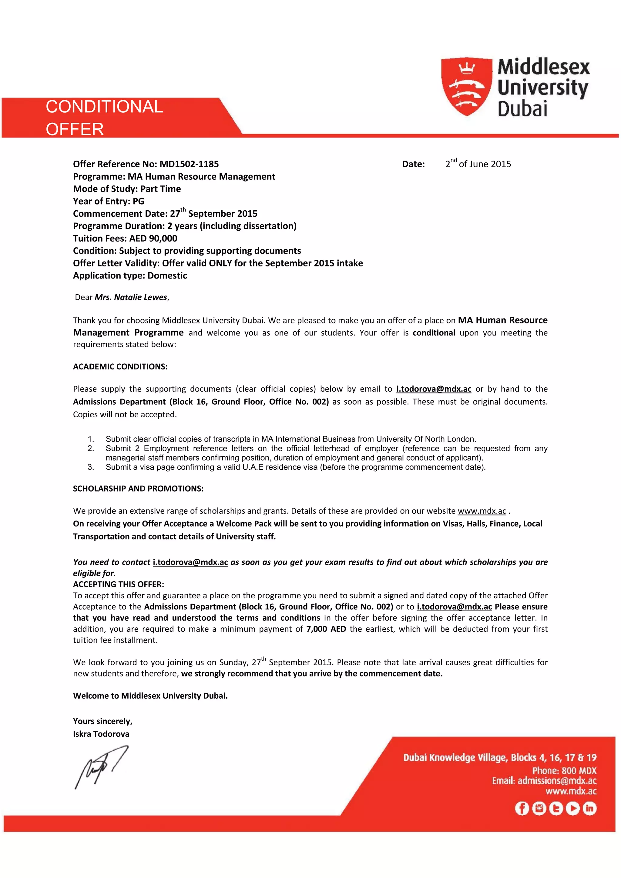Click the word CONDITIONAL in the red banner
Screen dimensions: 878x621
click(x=104, y=107)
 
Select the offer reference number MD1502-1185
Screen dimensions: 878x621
click(x=189, y=164)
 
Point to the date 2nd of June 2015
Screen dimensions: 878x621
click(x=478, y=164)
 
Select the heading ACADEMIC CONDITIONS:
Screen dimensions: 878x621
click(x=120, y=366)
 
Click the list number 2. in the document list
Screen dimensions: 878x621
click(x=91, y=448)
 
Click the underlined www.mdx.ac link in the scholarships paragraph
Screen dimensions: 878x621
click(x=482, y=511)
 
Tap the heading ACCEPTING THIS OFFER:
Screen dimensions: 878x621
click(x=118, y=584)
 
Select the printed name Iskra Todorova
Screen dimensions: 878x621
click(x=101, y=733)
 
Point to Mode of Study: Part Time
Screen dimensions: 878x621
click(x=127, y=189)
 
